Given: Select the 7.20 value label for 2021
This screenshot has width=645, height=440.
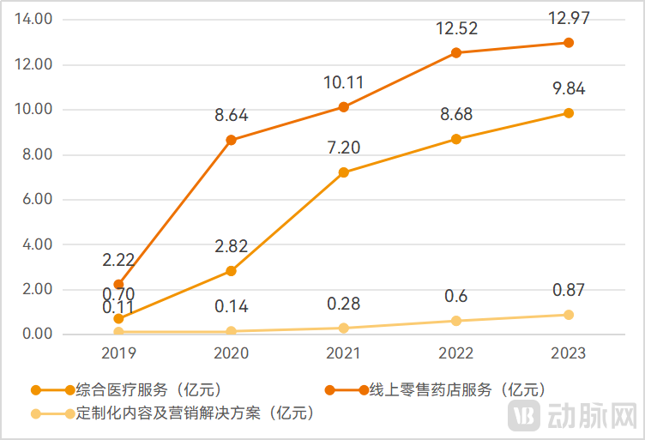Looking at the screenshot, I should point(343,147).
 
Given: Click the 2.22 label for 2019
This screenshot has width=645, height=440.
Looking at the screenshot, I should point(118,259).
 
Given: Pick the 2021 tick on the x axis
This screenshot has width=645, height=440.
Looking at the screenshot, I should point(343,353).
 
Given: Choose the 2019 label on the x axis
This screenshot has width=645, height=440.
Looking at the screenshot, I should point(118,353).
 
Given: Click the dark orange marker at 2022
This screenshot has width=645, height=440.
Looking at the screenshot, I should point(455,53).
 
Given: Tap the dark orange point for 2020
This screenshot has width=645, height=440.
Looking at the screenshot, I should point(231,140).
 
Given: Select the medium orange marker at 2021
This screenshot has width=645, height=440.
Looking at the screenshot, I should point(343,172).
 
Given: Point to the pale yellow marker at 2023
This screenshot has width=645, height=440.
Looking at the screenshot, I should point(568,315).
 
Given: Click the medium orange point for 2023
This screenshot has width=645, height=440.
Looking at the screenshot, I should point(568,113).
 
